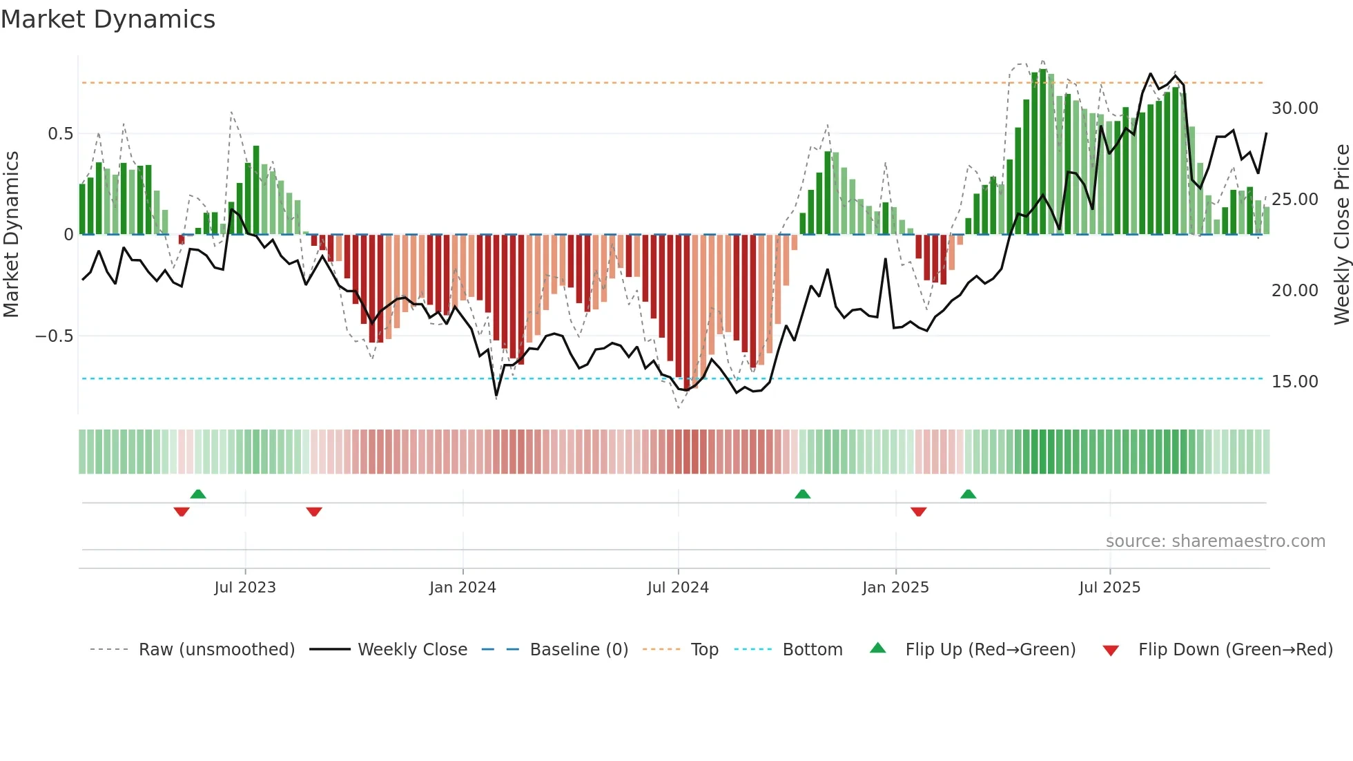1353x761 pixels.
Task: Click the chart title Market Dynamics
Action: pos(108,19)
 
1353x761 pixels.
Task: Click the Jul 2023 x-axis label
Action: pos(245,588)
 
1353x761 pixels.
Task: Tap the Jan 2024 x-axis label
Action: pos(463,588)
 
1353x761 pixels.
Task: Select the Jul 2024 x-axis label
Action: pos(678,588)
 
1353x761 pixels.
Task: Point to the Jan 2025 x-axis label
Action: pos(895,588)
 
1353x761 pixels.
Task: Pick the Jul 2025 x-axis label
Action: pos(1110,588)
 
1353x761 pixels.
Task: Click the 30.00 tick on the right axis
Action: pos(1295,108)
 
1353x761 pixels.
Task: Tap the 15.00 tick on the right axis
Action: pos(1295,382)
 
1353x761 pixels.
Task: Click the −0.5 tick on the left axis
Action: pos(54,336)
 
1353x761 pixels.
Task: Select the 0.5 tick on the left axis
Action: pos(61,134)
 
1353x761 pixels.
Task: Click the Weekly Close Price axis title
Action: pos(1341,235)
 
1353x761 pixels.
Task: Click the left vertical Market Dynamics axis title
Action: pos(11,235)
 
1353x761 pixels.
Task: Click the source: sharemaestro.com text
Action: pos(1215,541)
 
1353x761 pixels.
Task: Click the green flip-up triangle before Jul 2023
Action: pos(198,494)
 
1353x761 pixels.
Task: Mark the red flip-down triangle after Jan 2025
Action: pos(918,511)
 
